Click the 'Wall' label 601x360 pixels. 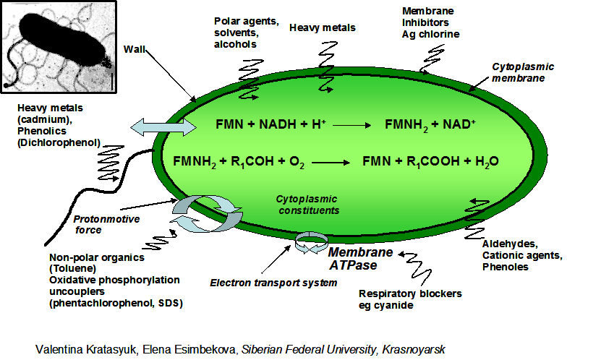pos(135,48)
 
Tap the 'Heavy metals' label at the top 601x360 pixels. pos(323,28)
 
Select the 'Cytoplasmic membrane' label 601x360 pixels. pos(523,72)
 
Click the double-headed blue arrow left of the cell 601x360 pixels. pos(163,128)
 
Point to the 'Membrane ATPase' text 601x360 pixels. pos(361,259)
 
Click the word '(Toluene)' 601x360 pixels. pos(72,269)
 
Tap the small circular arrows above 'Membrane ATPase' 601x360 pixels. pos(310,242)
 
